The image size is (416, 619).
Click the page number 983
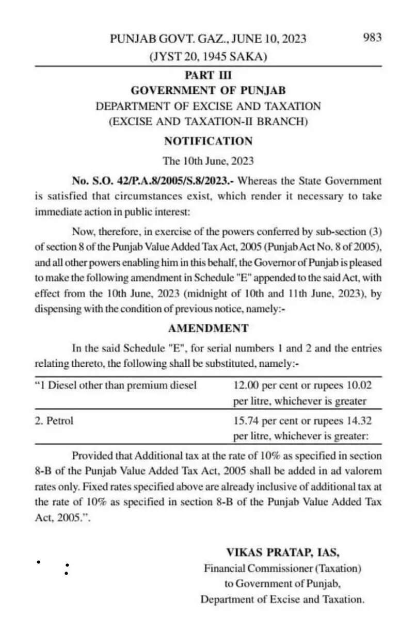coord(372,38)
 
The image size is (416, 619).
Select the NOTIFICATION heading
coord(208,141)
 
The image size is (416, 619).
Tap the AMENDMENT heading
coord(208,329)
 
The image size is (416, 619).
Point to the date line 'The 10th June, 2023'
coord(208,161)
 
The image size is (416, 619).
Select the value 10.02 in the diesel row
coord(359,385)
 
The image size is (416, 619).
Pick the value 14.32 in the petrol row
coord(359,421)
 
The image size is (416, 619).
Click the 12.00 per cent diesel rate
coord(247,385)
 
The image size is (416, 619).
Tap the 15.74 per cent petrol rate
coord(247,421)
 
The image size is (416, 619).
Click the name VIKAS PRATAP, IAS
coord(282,552)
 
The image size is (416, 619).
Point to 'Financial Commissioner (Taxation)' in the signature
coord(282,568)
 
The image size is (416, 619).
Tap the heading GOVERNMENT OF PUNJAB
coord(208,91)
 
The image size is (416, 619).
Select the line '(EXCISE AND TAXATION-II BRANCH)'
coord(208,122)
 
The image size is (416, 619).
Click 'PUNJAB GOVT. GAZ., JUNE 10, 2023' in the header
coord(208,39)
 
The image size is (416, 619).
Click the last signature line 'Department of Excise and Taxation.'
coord(282,599)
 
